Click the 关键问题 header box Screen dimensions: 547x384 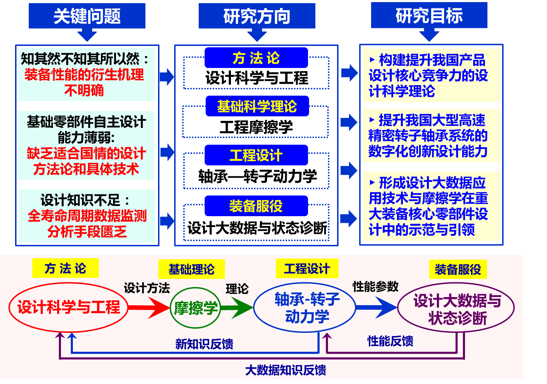click(87, 16)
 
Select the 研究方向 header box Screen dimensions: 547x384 click(257, 16)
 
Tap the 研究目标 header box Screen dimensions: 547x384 click(429, 15)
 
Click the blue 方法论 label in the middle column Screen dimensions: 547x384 click(256, 57)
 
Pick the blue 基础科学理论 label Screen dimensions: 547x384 click(257, 106)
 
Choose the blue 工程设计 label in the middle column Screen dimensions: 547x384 click(256, 155)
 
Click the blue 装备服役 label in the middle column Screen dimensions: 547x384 click(256, 206)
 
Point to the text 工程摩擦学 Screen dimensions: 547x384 click(256, 127)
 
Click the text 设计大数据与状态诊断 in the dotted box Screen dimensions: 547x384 click(257, 228)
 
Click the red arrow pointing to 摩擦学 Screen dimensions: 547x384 click(149, 308)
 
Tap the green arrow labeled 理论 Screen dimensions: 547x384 click(237, 308)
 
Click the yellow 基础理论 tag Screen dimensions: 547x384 click(191, 269)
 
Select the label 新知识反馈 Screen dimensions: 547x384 click(204, 344)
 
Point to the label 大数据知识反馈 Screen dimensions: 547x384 click(286, 370)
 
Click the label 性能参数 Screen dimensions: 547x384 click(376, 287)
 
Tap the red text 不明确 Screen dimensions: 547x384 click(84, 90)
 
